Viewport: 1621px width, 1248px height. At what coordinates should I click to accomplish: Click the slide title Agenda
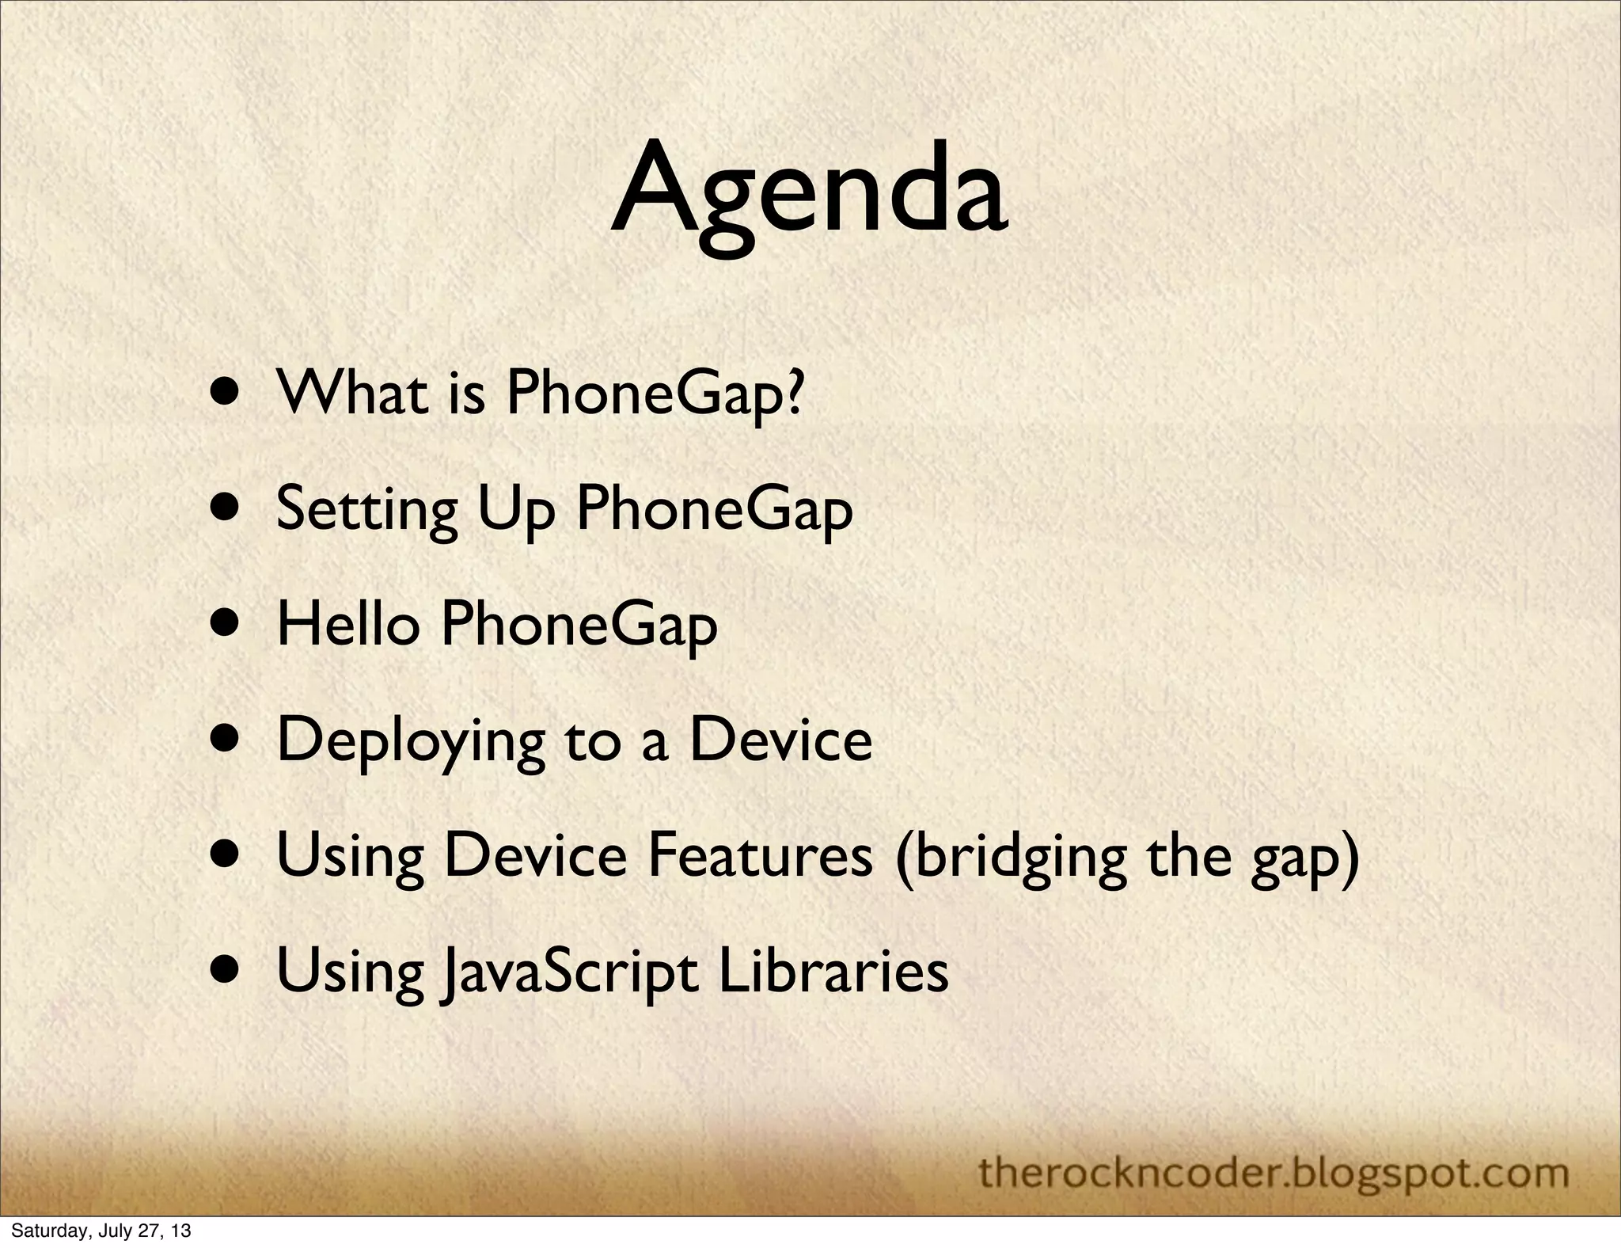(809, 194)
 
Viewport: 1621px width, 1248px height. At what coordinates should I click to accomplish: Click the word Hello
(347, 622)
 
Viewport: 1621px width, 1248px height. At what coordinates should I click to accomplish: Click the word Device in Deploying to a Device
(780, 739)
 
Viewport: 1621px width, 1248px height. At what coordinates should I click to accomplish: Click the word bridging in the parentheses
(1010, 858)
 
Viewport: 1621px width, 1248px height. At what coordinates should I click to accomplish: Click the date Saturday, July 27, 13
(101, 1231)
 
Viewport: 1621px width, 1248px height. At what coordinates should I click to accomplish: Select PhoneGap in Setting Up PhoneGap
(714, 508)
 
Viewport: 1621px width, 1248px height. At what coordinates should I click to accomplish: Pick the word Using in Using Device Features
(350, 858)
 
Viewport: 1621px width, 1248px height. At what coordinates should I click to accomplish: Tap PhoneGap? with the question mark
(654, 393)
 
